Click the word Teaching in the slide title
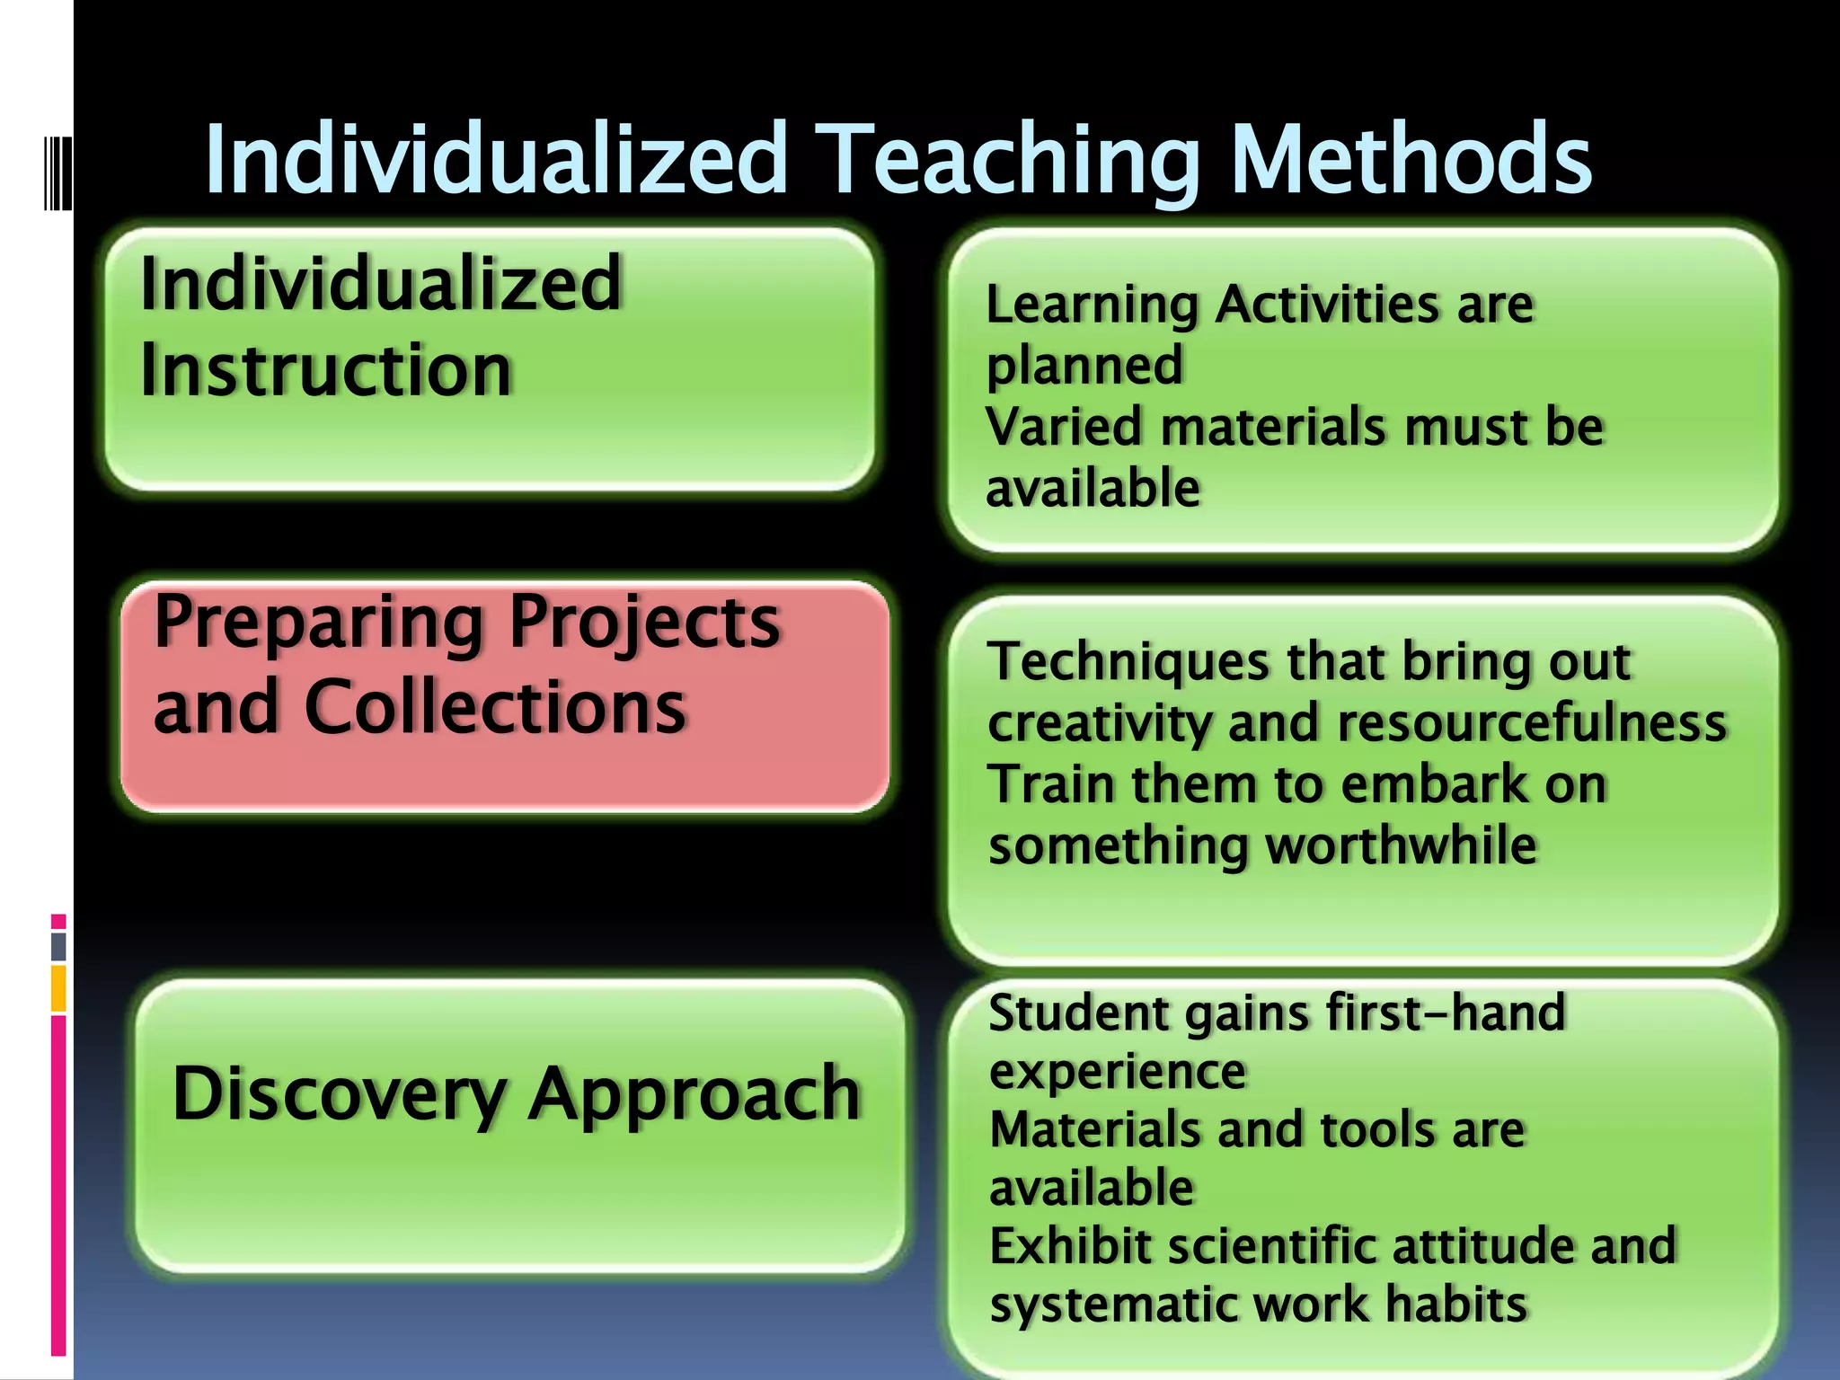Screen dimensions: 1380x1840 tap(1011, 160)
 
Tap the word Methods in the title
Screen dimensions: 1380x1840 tap(1411, 160)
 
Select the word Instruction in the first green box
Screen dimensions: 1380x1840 tap(326, 370)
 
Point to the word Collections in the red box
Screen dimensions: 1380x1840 tap(496, 707)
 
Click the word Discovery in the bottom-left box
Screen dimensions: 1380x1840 tap(340, 1094)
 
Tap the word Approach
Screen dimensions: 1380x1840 tap(694, 1094)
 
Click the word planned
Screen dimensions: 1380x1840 tap(1084, 367)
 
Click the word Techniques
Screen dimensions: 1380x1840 tap(1129, 663)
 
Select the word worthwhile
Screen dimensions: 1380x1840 tap(1401, 845)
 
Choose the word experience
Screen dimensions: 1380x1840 tap(1117, 1071)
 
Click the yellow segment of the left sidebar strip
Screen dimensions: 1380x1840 tap(58, 988)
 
